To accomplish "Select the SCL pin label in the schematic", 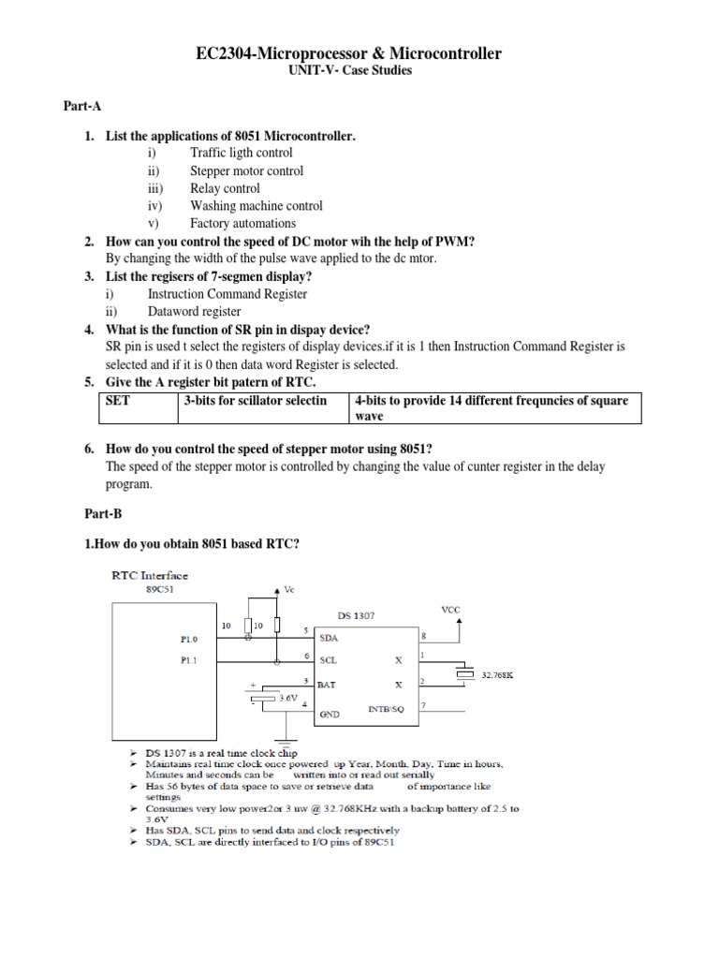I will [x=329, y=660].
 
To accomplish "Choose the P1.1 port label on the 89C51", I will [x=190, y=660].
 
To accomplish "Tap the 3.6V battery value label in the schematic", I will [x=289, y=698].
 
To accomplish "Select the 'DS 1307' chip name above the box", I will [x=357, y=615].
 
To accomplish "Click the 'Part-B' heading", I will [x=83, y=514].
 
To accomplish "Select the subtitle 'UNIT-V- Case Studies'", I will [x=359, y=70].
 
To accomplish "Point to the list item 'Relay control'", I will [x=225, y=188].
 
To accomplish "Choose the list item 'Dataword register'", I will [x=194, y=311].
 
